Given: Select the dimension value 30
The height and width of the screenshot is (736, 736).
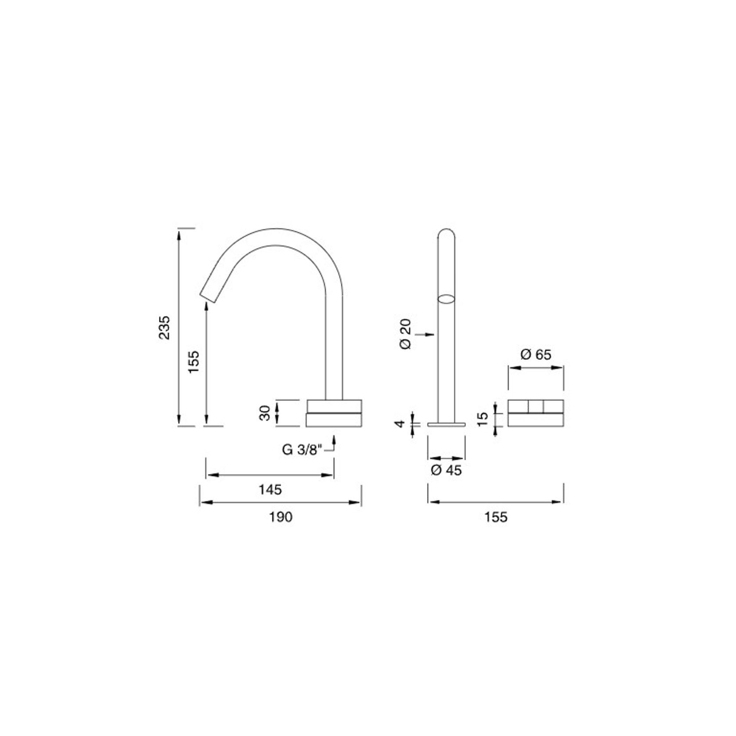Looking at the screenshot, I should tap(265, 413).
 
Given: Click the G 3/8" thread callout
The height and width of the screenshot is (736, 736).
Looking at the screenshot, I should tap(302, 450).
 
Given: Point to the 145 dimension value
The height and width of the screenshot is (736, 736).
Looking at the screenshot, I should tap(270, 489).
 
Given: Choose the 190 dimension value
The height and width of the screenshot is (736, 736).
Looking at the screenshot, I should tap(280, 517).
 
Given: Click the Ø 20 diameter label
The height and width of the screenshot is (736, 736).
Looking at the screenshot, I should tap(406, 334).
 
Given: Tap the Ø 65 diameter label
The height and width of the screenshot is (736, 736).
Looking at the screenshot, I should tap(536, 354).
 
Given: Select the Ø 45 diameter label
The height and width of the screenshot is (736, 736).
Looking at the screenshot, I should tap(446, 470).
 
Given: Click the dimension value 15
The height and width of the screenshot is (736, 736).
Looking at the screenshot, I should tap(483, 419).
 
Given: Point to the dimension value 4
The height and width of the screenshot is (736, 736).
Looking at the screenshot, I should tap(399, 424).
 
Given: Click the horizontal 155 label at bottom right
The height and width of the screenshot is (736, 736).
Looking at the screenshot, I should tap(496, 517).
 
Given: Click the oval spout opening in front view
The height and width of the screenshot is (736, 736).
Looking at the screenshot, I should tap(446, 299).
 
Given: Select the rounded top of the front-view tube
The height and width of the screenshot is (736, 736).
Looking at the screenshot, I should tap(447, 233).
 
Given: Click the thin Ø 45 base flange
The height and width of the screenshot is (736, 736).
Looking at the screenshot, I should tap(447, 425).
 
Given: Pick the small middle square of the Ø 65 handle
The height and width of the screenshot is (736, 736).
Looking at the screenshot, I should tap(536, 406).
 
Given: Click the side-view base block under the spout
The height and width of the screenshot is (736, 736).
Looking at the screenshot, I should tap(334, 413).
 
